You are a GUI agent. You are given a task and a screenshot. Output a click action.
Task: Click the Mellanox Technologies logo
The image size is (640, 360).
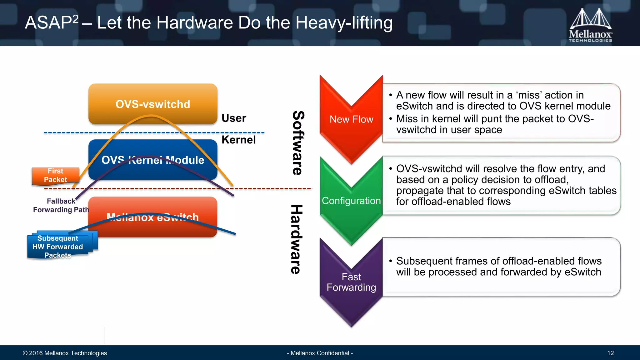[590, 25]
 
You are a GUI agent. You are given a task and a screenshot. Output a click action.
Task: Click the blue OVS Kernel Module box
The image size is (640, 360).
[153, 160]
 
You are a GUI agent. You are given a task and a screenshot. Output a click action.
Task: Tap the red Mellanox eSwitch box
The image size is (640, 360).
[153, 217]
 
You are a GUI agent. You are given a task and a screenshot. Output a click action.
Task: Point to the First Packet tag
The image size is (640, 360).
[55, 176]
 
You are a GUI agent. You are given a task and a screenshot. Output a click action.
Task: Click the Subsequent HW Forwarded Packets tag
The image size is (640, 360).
[58, 247]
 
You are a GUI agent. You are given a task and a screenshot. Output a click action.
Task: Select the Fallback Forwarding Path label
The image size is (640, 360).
[61, 205]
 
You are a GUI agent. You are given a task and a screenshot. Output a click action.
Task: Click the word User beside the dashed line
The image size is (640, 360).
[234, 118]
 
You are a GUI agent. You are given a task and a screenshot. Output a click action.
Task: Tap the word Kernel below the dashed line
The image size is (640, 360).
[238, 140]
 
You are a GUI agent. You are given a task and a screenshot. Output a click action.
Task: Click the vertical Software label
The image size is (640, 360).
[298, 143]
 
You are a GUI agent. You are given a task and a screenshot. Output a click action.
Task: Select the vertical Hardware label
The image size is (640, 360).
[297, 239]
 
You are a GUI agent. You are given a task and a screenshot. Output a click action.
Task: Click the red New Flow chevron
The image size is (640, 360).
[351, 119]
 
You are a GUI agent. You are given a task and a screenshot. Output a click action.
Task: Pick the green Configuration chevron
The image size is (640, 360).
[351, 201]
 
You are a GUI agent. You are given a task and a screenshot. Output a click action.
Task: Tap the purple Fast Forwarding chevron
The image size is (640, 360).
[351, 282]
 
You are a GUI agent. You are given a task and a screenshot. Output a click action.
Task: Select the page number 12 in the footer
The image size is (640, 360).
[610, 353]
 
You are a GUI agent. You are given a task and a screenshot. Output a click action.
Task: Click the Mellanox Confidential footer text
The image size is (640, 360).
[320, 353]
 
